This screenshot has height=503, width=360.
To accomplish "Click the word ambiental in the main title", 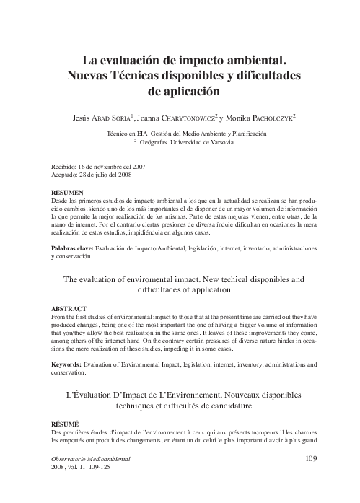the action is [246, 58].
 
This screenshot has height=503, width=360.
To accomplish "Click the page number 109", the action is [311, 458].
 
